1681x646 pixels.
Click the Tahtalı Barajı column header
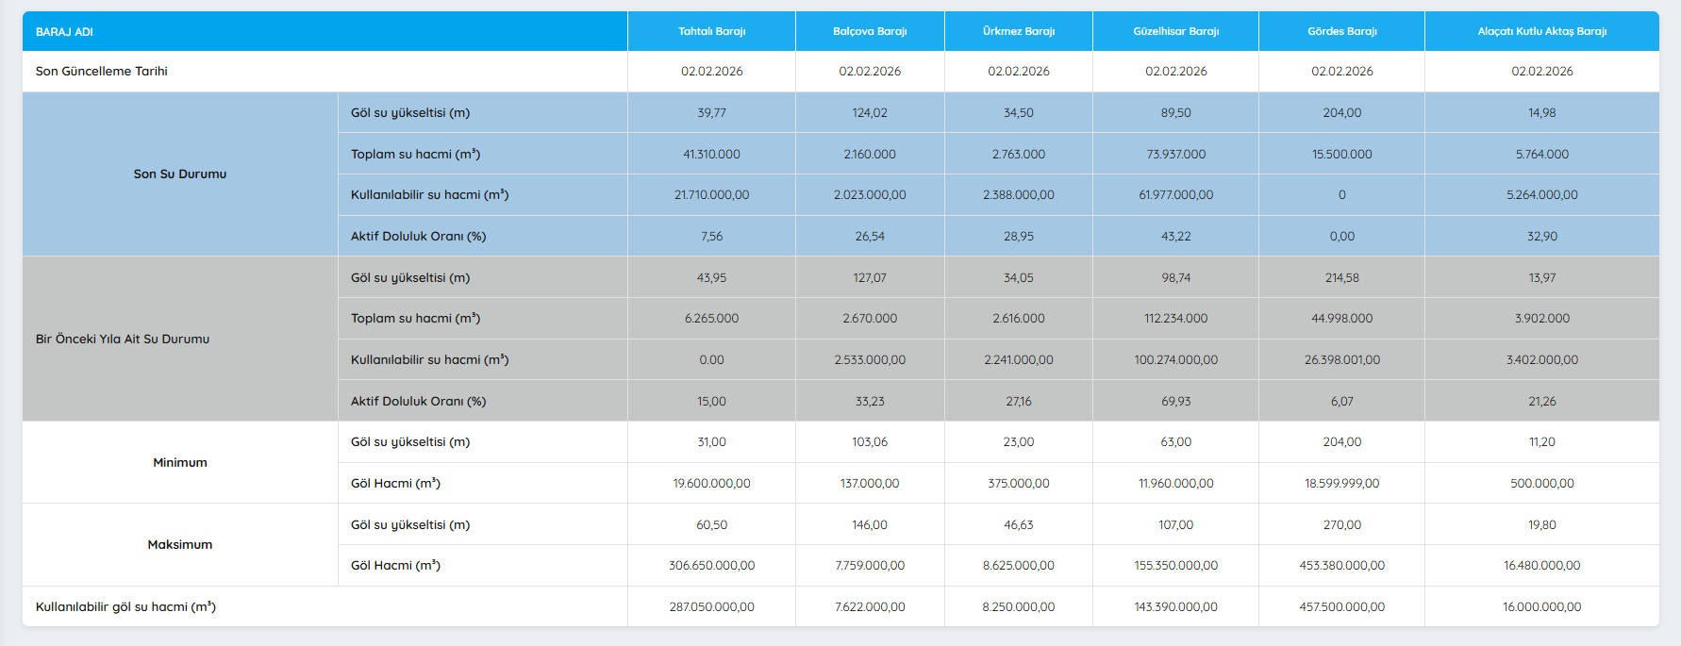tap(711, 31)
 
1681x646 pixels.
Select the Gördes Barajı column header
tap(1341, 31)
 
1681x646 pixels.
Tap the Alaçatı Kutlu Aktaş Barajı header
tap(1541, 31)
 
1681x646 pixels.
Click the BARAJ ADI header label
tap(64, 32)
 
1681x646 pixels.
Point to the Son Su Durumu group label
tap(180, 174)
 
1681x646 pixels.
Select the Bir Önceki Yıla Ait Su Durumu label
tap(123, 339)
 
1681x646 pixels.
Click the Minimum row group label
tap(180, 462)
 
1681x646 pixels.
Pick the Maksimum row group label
tap(180, 544)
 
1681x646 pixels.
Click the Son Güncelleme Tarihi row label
tap(102, 71)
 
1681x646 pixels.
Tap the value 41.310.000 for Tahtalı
tap(711, 154)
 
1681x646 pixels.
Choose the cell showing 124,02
tap(870, 112)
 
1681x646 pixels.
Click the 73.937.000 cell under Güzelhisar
tap(1175, 154)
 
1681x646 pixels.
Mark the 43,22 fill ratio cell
tap(1175, 236)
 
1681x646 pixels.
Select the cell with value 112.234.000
tap(1175, 318)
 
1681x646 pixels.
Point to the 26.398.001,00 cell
tap(1341, 359)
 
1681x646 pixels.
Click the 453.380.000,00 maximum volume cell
tap(1341, 565)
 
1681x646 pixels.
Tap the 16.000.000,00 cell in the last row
tap(1541, 606)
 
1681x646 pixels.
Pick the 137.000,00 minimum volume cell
tap(870, 483)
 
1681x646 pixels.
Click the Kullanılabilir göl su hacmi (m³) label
tap(125, 606)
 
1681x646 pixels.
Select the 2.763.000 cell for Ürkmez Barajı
tap(1019, 154)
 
